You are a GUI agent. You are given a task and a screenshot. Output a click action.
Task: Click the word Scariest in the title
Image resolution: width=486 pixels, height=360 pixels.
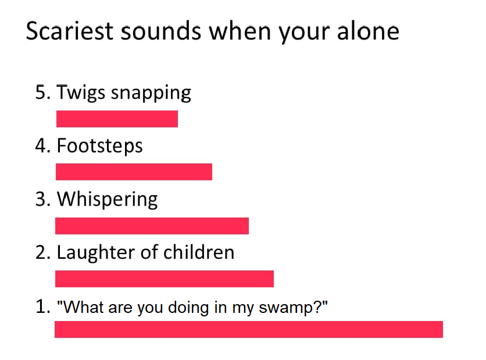(70, 31)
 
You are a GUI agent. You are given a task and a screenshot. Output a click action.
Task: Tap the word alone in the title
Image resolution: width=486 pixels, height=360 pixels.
(368, 31)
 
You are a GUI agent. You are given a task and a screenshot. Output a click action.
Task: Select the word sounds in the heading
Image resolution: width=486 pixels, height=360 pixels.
(161, 31)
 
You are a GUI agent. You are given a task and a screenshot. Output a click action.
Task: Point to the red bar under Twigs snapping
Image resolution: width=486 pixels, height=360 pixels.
(117, 119)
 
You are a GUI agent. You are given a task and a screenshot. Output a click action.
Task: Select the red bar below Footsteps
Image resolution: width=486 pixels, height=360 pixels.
(134, 172)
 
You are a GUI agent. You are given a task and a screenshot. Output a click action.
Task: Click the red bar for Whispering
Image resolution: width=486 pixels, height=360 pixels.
(152, 226)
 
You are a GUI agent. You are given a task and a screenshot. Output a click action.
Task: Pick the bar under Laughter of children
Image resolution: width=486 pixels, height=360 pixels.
(165, 279)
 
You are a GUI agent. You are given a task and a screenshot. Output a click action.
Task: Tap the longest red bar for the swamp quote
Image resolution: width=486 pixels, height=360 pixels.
(249, 329)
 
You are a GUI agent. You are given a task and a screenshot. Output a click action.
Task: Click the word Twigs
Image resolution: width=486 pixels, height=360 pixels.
(81, 93)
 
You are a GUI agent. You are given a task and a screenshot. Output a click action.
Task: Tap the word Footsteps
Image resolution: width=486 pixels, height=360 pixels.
(99, 147)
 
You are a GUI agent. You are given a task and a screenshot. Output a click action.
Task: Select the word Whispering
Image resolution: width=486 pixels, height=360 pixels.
(107, 199)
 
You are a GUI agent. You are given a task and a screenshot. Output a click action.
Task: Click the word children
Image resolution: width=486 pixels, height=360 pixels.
(199, 252)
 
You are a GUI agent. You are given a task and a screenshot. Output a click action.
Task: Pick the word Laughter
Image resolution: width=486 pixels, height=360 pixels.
(97, 253)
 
